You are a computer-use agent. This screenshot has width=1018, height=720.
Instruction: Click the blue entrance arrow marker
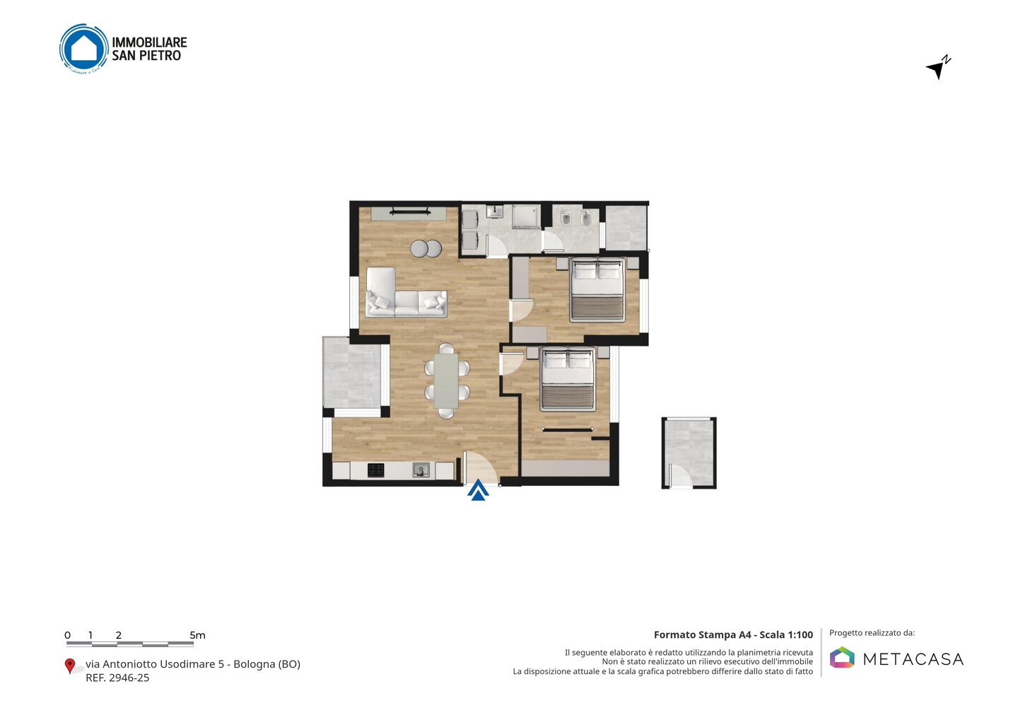pos(478,489)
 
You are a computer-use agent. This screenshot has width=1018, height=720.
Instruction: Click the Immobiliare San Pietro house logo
pos(84,49)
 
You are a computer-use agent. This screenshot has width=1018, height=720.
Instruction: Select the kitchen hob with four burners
pos(375,470)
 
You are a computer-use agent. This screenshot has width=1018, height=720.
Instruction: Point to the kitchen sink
pos(421,470)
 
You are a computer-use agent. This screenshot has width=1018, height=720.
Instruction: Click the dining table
pos(446,381)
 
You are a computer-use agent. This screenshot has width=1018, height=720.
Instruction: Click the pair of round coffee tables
pos(426,249)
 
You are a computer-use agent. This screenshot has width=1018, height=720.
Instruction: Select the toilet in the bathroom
pos(566,218)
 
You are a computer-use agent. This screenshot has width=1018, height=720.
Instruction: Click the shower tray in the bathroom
pos(526,216)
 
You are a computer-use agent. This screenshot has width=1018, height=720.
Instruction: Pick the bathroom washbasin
pos(494,211)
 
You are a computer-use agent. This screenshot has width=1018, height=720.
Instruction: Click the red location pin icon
pos(69,666)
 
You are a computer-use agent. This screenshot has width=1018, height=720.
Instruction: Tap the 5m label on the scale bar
pos(197,635)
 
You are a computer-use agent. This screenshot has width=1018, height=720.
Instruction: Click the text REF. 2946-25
pos(117,678)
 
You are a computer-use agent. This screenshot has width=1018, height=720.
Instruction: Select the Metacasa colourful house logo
pos(842,657)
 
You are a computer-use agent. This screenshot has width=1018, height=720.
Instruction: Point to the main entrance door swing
pos(481,468)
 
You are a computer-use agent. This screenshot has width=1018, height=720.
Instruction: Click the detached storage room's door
pos(680,477)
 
